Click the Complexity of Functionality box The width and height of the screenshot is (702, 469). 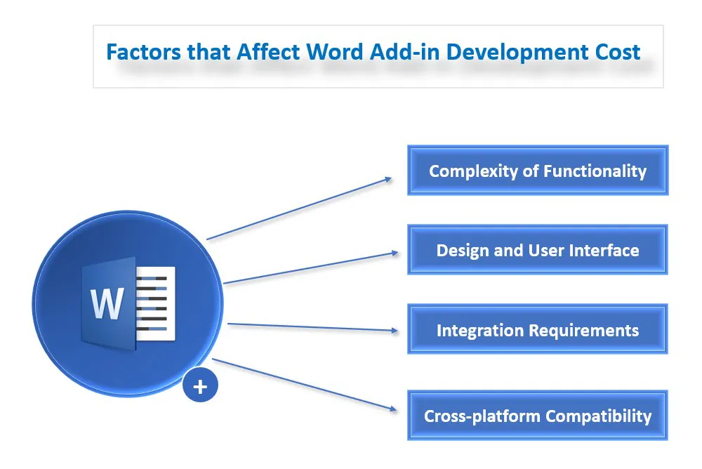[538, 170]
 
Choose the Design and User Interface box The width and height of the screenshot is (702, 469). [538, 249]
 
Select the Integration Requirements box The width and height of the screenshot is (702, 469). [538, 329]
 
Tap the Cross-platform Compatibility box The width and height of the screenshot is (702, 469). [538, 415]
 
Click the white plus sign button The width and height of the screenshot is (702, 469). [200, 385]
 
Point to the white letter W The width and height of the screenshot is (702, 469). [107, 304]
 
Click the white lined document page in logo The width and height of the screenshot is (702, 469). [155, 303]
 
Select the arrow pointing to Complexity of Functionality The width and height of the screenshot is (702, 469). [299, 209]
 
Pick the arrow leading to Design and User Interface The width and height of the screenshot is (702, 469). [311, 268]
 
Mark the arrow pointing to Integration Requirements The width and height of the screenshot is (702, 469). [312, 327]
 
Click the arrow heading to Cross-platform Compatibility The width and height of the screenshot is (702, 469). [305, 384]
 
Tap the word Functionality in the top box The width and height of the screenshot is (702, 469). [595, 171]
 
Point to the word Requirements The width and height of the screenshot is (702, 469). [584, 331]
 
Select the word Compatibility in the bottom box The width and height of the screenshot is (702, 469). [599, 416]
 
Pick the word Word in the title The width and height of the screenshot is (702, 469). [335, 51]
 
